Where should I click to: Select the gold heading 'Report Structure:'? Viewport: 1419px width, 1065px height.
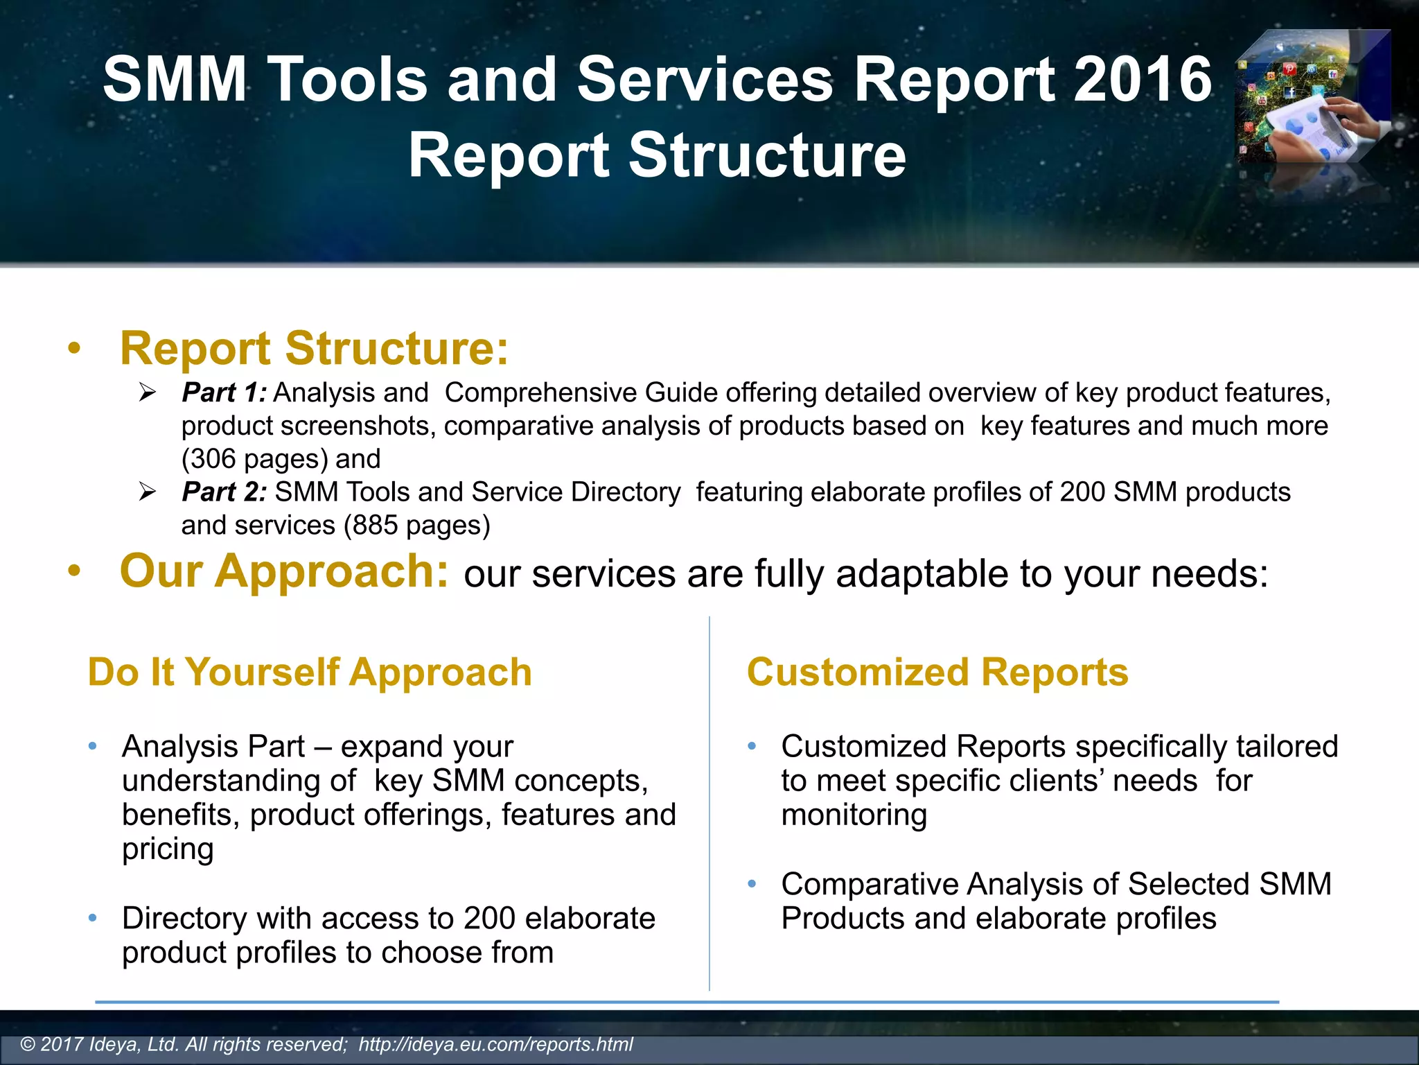[314, 348]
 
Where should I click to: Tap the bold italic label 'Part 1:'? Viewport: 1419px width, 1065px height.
[224, 393]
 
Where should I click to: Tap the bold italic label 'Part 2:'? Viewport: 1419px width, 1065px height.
[224, 492]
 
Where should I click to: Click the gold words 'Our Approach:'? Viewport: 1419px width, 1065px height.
[284, 572]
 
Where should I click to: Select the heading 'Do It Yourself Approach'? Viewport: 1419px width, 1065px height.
[310, 673]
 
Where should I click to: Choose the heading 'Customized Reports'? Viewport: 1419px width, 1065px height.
[937, 673]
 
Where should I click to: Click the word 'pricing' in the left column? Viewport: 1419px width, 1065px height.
[168, 849]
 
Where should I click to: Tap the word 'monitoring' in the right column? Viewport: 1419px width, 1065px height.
[854, 815]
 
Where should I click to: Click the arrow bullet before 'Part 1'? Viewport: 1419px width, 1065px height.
[147, 393]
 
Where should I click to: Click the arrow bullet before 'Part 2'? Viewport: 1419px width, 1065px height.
[147, 492]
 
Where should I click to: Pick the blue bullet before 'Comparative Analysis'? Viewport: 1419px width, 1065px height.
[752, 884]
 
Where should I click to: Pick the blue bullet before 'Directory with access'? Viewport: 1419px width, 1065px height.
[93, 919]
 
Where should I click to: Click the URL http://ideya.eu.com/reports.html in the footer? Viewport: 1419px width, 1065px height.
[495, 1044]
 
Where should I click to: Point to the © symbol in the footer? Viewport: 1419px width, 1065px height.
[28, 1045]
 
